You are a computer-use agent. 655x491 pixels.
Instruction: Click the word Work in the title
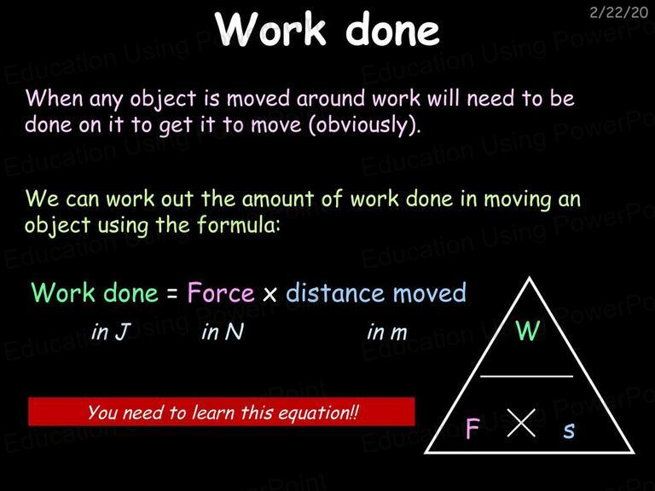pyautogui.click(x=270, y=28)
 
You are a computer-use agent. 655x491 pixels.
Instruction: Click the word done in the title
pyautogui.click(x=392, y=29)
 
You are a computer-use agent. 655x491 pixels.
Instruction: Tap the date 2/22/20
pyautogui.click(x=618, y=13)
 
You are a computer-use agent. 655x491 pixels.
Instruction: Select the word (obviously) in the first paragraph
pyautogui.click(x=364, y=124)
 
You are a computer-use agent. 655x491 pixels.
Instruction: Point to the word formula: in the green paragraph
pyautogui.click(x=238, y=224)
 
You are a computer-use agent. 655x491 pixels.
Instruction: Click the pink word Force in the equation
pyautogui.click(x=221, y=292)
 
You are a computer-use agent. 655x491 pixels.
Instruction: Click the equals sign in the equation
pyautogui.click(x=172, y=293)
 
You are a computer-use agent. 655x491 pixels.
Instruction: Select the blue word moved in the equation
pyautogui.click(x=430, y=292)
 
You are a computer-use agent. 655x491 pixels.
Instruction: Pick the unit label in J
pyautogui.click(x=110, y=332)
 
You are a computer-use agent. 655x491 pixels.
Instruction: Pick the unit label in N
pyautogui.click(x=223, y=332)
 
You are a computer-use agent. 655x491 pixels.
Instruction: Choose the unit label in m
pyautogui.click(x=387, y=332)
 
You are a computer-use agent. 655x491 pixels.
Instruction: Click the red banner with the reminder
pyautogui.click(x=222, y=412)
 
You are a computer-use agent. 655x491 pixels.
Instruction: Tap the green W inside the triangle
pyautogui.click(x=528, y=330)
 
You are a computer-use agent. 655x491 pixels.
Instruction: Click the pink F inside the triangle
pyautogui.click(x=472, y=428)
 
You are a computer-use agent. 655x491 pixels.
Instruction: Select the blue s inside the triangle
pyautogui.click(x=569, y=430)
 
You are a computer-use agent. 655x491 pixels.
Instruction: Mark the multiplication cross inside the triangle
pyautogui.click(x=521, y=423)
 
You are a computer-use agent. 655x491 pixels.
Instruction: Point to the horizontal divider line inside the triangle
pyautogui.click(x=526, y=376)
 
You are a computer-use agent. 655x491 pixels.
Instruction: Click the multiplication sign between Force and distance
pyautogui.click(x=270, y=294)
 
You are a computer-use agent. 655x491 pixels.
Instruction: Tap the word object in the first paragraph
pyautogui.click(x=163, y=100)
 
